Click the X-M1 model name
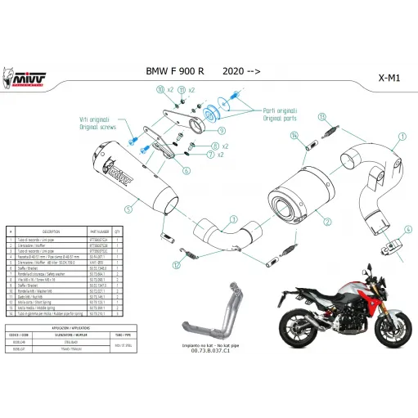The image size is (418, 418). pyautogui.click(x=389, y=79)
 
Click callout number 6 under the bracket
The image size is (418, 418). pyautogui.click(x=187, y=171)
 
